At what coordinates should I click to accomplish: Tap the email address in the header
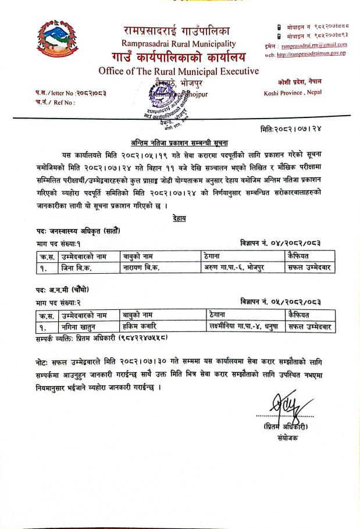[310, 44]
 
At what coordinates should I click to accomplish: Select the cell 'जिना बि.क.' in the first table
[76, 268]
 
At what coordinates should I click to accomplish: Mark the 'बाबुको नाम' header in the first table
[139, 256]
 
